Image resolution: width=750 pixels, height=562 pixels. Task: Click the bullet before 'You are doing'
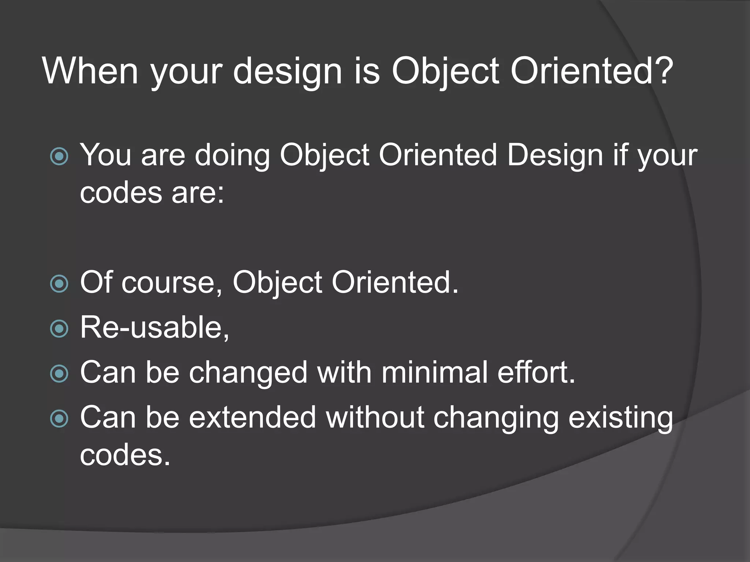(x=59, y=156)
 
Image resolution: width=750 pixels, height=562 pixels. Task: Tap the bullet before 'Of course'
(x=59, y=284)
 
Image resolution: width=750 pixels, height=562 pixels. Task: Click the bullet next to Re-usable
(x=59, y=328)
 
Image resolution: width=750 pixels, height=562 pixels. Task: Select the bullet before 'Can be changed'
(x=59, y=374)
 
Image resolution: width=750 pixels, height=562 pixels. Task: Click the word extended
(x=252, y=417)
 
